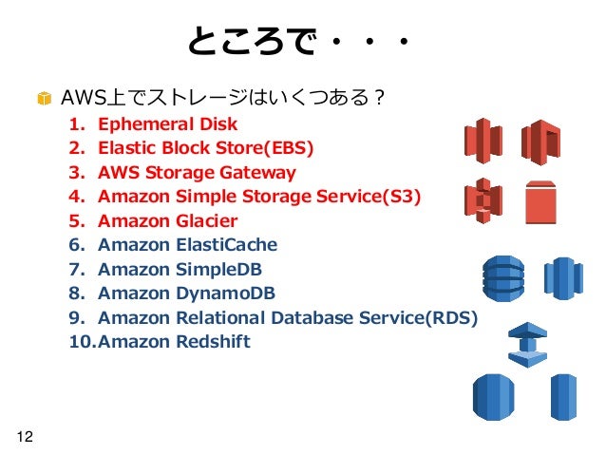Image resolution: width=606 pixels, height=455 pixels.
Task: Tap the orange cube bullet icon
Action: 44,99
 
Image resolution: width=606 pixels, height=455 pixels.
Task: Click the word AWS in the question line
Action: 79,98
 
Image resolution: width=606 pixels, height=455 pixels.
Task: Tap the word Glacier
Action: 206,221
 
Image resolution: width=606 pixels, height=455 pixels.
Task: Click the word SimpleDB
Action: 221,269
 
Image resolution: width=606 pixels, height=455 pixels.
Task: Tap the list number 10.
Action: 81,342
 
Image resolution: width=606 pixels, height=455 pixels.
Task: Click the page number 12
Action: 24,436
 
